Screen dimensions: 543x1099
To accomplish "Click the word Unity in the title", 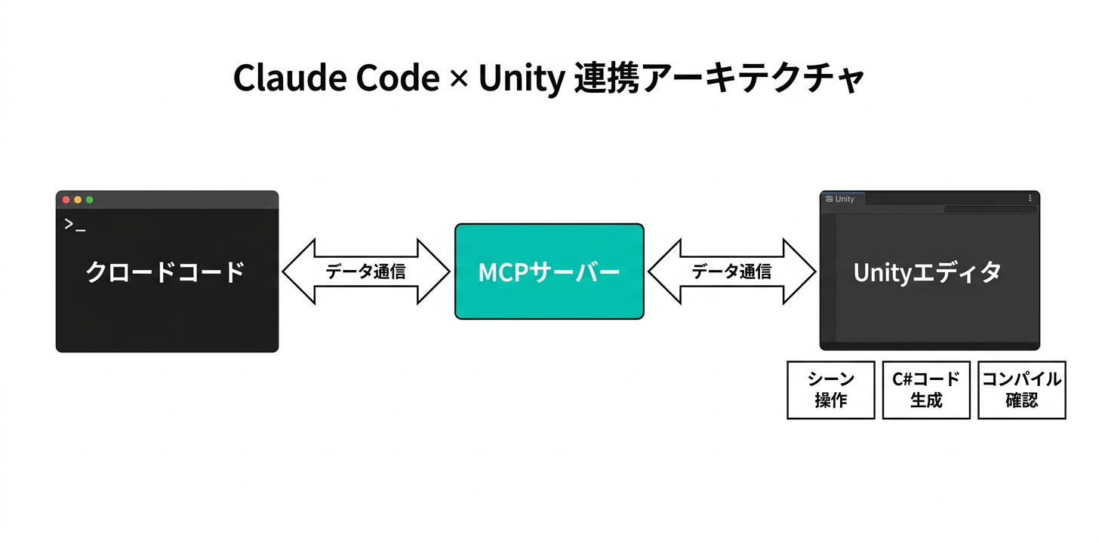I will click(x=521, y=78).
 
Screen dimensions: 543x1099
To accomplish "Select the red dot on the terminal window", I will click(x=66, y=200).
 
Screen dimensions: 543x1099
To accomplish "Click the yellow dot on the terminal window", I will click(x=78, y=200).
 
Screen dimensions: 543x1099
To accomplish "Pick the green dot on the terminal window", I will click(x=89, y=200).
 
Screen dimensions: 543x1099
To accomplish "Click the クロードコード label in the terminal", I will click(x=166, y=271).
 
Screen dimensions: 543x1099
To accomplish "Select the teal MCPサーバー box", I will click(x=549, y=271).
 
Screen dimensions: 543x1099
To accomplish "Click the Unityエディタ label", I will click(x=928, y=272).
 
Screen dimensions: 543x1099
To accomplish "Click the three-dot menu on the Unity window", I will click(x=1030, y=198).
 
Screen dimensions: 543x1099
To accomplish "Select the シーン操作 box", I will click(x=830, y=389).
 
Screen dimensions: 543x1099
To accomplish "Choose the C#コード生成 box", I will click(x=925, y=389).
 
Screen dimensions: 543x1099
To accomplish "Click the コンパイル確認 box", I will click(x=1021, y=389).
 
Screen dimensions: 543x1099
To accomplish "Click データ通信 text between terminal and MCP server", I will click(x=366, y=271).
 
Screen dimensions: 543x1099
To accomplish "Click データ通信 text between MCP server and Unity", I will click(x=731, y=271).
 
